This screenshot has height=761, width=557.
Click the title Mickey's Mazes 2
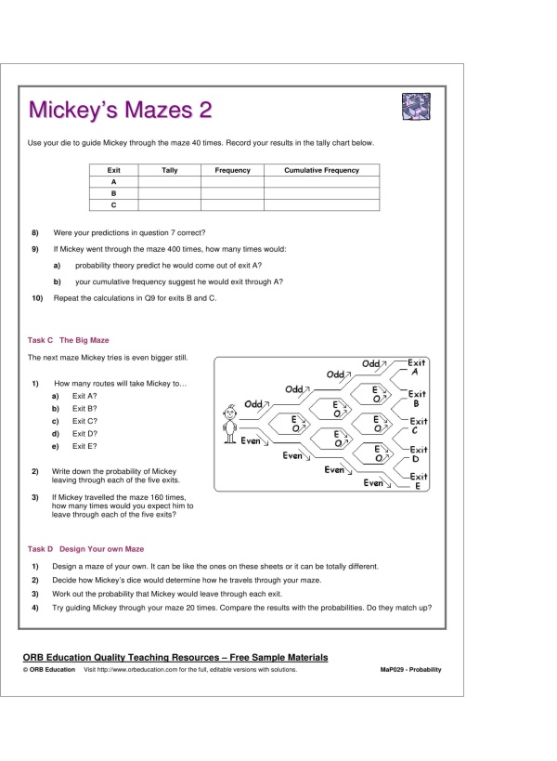click(120, 111)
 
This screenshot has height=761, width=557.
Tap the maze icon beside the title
click(416, 107)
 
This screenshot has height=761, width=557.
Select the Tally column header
click(170, 171)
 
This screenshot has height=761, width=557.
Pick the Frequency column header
click(232, 171)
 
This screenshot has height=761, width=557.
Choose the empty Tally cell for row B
click(170, 193)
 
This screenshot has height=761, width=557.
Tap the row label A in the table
click(114, 182)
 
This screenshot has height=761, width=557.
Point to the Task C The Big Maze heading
click(69, 340)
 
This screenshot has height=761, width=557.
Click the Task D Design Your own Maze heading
click(85, 549)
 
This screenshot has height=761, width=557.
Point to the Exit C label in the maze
click(418, 426)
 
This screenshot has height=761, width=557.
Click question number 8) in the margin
click(35, 231)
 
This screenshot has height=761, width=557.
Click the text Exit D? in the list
click(85, 433)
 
